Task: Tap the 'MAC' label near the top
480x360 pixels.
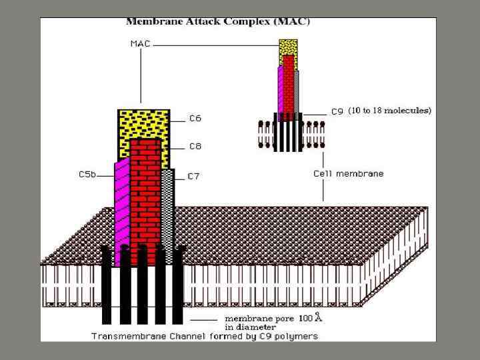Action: (140, 45)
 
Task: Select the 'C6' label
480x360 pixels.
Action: (195, 119)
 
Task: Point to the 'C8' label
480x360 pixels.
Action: (195, 146)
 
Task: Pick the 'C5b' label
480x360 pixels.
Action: (87, 175)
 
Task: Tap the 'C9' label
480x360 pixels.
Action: (337, 112)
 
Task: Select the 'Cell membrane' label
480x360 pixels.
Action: (349, 173)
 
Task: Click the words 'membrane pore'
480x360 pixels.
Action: (253, 317)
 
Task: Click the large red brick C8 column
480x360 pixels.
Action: (145, 193)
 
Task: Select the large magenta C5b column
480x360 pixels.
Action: (121, 207)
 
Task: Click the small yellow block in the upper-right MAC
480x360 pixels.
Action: (288, 47)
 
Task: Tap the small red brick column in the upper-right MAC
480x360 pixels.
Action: (288, 83)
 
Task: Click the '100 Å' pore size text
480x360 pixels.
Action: (310, 317)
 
